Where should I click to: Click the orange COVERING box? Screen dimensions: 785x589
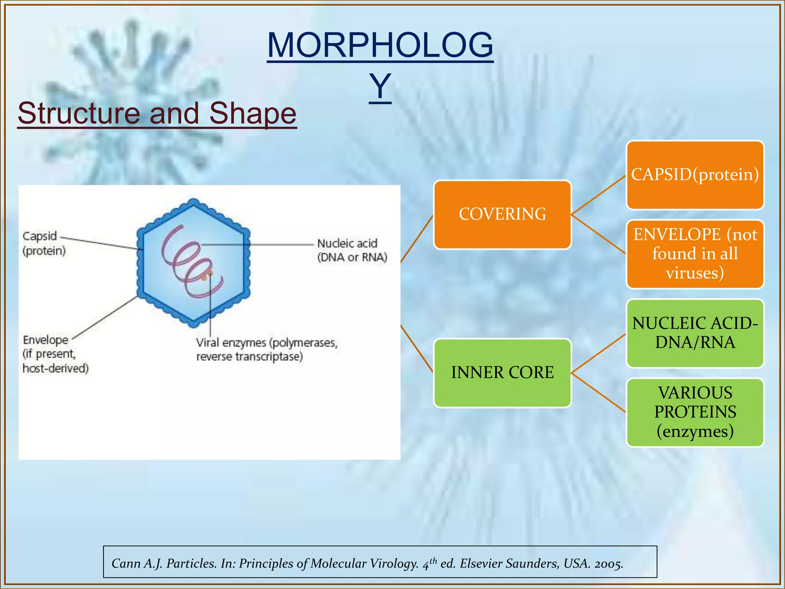tap(503, 215)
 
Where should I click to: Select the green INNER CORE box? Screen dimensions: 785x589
tap(503, 373)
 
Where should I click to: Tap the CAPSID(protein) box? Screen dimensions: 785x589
tap(695, 175)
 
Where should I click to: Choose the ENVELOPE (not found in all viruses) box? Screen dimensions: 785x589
tap(695, 254)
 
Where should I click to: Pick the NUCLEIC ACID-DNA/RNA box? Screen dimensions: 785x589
tap(695, 334)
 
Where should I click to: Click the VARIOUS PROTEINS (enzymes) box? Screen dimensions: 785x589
tap(695, 413)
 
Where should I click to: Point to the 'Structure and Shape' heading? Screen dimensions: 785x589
tap(157, 114)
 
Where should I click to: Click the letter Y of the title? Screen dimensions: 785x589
tap(380, 87)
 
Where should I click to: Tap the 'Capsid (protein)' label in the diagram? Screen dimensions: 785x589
tap(44, 243)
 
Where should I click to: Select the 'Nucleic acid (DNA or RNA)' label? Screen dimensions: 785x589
tap(352, 250)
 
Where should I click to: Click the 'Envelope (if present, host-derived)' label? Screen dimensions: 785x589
tap(56, 354)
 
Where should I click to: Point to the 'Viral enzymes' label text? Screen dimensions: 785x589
tap(267, 349)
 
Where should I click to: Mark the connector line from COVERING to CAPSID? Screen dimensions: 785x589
tap(599, 195)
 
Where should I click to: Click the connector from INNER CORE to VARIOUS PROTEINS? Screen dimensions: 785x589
tap(599, 393)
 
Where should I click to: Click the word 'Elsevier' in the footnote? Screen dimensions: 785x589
tap(481, 563)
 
